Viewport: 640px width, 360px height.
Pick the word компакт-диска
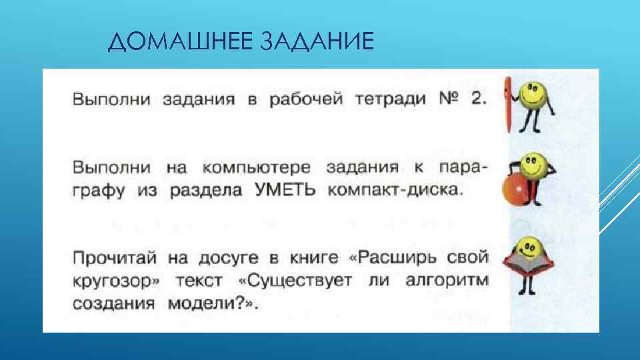[394, 190]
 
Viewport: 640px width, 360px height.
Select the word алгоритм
[445, 280]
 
